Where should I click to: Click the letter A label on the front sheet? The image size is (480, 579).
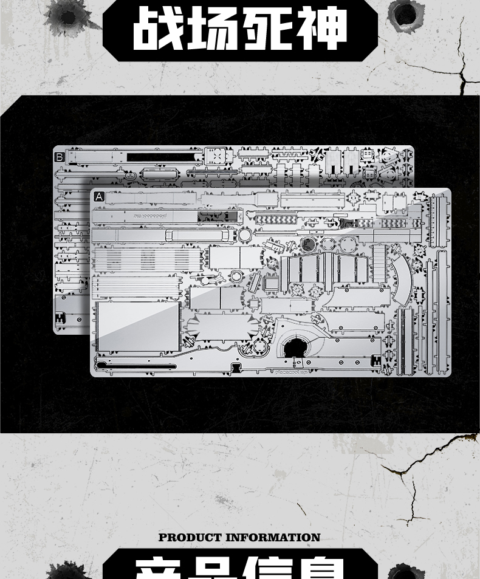tap(99, 197)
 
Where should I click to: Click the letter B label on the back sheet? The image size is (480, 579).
tap(60, 157)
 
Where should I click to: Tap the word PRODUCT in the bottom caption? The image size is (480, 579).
tap(190, 537)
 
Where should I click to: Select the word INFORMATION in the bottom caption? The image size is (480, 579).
tap(273, 537)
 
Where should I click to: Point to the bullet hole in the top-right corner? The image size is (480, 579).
tap(405, 14)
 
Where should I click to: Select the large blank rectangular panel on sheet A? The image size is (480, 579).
tap(138, 326)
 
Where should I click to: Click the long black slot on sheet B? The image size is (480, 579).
tap(164, 157)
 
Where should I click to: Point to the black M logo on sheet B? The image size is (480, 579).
tap(60, 318)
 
